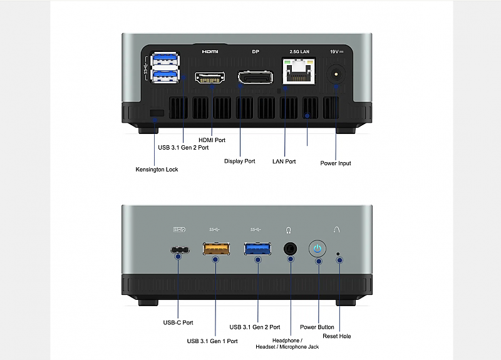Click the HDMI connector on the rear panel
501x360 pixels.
pos(210,77)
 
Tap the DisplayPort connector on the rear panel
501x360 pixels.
pos(256,78)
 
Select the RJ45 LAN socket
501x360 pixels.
pos(299,71)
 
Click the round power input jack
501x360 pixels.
pos(336,75)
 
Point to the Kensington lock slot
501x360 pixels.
pos(157,113)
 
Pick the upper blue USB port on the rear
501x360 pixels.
pos(165,59)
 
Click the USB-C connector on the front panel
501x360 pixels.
pos(180,250)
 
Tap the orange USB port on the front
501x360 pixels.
pos(216,249)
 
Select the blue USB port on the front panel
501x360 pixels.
pos(257,249)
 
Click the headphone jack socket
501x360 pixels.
pos(290,249)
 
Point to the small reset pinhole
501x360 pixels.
pos(338,254)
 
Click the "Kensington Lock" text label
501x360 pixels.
pos(157,170)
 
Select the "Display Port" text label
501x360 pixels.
pos(240,162)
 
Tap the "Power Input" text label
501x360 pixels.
pos(336,163)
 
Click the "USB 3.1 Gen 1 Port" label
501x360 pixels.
pos(212,341)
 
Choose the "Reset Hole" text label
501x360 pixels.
pos(337,336)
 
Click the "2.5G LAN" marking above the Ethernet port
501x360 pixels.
pos(299,51)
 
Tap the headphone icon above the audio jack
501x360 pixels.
pos(288,230)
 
